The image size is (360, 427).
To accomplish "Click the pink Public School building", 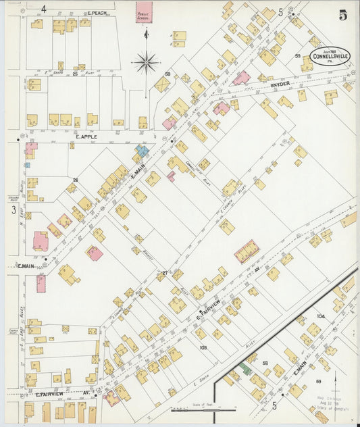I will [143, 12].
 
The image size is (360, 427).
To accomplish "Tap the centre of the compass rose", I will [146, 63].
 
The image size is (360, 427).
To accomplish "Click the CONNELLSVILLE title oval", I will [331, 57].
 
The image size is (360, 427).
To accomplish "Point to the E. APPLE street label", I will [87, 136].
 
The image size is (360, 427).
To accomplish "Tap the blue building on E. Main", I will [142, 151].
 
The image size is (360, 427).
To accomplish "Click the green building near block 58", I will [247, 369].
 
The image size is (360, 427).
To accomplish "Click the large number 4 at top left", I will [43, 9].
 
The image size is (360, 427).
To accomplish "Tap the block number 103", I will [203, 347].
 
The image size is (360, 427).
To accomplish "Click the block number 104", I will [320, 316].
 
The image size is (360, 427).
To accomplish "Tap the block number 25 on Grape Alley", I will [82, 67].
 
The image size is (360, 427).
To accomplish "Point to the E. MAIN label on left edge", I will [26, 266].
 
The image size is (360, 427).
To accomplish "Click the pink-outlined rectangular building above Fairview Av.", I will [247, 251].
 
